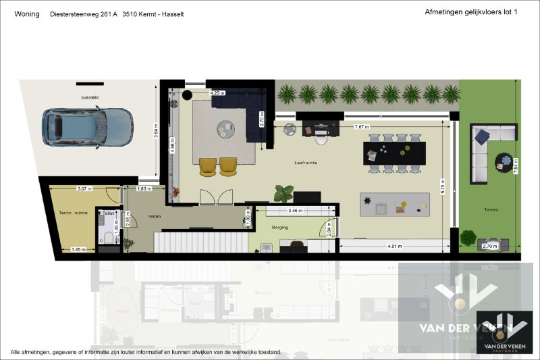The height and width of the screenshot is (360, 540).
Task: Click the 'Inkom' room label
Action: (155, 217)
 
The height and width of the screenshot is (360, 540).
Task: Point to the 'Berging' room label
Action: (280, 228)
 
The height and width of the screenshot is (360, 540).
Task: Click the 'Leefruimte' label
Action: (306, 163)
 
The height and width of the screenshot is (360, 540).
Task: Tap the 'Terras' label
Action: (491, 210)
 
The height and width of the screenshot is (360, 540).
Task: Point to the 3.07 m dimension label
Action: (84, 188)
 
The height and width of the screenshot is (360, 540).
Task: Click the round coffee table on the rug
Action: (225, 128)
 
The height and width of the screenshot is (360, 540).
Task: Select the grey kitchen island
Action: (394, 203)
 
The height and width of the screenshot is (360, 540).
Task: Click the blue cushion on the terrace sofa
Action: (481, 137)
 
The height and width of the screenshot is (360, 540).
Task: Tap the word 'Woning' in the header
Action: (26, 14)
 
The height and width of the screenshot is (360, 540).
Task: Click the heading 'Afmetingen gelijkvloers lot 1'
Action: (470, 12)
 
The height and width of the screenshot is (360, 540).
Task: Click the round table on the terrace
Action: (504, 161)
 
